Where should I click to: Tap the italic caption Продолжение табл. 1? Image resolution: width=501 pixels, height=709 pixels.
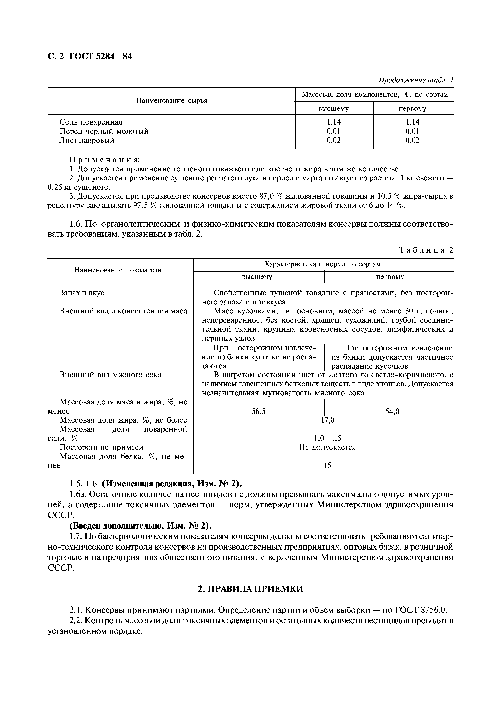tap(416, 80)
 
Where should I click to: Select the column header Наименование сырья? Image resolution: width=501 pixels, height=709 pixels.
tap(172, 101)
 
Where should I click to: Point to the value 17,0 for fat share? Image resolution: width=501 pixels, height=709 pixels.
tap(328, 420)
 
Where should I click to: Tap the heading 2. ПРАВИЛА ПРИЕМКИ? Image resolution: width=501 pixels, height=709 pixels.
tap(250, 589)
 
